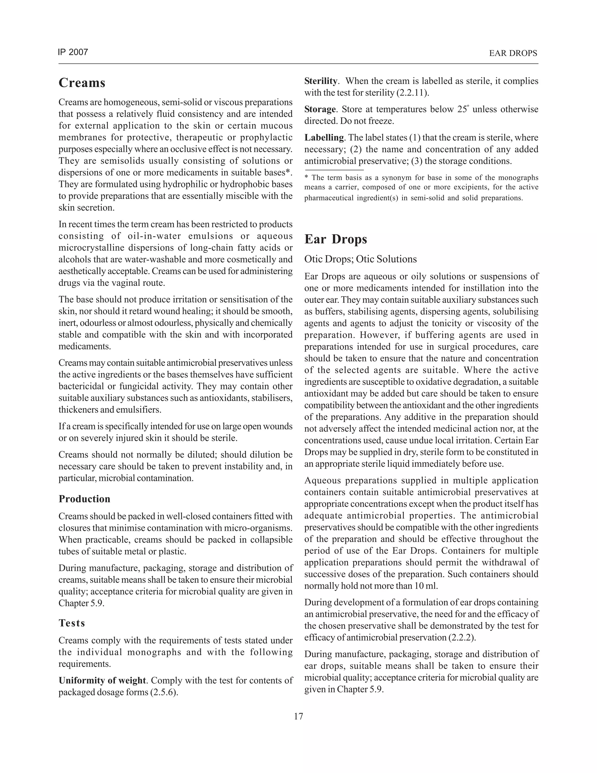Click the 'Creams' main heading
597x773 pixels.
pos(82,83)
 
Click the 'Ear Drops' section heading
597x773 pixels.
pos(335,239)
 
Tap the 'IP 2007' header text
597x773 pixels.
pos(73,53)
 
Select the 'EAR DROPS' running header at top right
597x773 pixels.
pos(513,53)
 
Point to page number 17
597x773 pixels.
pos(298,716)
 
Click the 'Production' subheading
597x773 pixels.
pos(84,499)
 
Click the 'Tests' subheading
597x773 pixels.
pos(72,623)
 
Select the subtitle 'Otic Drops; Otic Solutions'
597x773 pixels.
pos(360,259)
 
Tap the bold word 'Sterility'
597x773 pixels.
pos(320,81)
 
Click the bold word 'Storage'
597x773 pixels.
pos(320,109)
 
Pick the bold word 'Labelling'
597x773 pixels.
pos(324,138)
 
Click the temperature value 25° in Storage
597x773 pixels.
pos(462,109)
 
